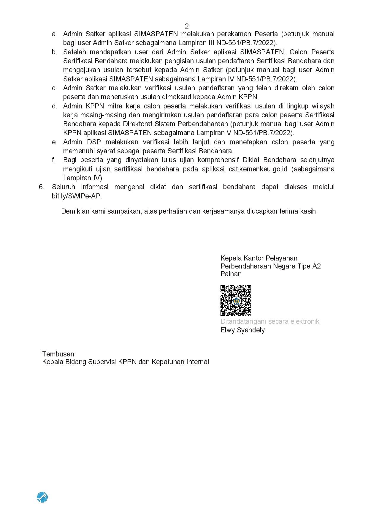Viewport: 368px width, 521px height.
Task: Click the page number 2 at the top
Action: click(x=187, y=26)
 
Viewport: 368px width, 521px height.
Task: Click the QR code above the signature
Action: click(x=236, y=300)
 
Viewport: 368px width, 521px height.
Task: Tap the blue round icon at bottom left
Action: click(x=42, y=497)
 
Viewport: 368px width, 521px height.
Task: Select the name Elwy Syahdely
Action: click(x=242, y=330)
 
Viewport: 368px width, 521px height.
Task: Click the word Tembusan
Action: click(x=59, y=354)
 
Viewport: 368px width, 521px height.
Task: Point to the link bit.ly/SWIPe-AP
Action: click(x=77, y=196)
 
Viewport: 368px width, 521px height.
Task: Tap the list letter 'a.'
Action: click(x=54, y=34)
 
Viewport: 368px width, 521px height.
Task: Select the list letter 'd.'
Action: click(x=54, y=106)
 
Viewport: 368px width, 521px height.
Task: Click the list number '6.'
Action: click(x=42, y=187)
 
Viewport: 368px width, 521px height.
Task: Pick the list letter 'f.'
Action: click(x=54, y=160)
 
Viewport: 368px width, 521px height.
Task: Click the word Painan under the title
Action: click(x=231, y=274)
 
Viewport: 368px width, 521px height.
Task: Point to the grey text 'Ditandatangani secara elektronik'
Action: click(x=270, y=321)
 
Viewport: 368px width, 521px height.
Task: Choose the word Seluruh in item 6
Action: click(x=63, y=187)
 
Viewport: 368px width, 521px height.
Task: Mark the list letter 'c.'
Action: click(x=54, y=88)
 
